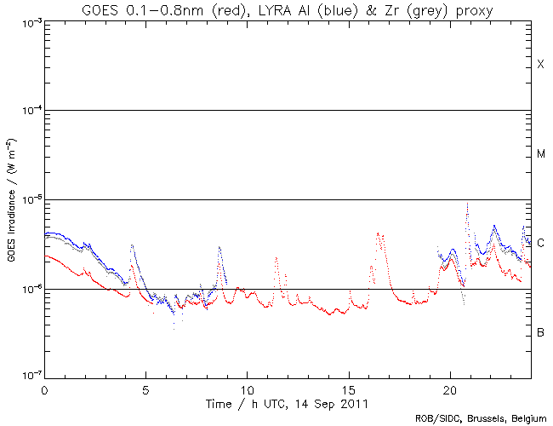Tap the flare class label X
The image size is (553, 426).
click(540, 66)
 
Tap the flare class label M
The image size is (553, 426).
click(540, 154)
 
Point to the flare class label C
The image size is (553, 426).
click(540, 243)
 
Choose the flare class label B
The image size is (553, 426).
click(540, 331)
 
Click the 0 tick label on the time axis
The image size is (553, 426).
click(44, 388)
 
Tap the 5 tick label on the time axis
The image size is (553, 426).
click(145, 388)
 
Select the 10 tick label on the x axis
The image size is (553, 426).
click(247, 388)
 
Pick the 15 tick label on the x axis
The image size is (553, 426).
click(348, 388)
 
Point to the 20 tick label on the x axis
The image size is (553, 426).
click(449, 388)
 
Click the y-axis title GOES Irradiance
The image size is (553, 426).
click(12, 201)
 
